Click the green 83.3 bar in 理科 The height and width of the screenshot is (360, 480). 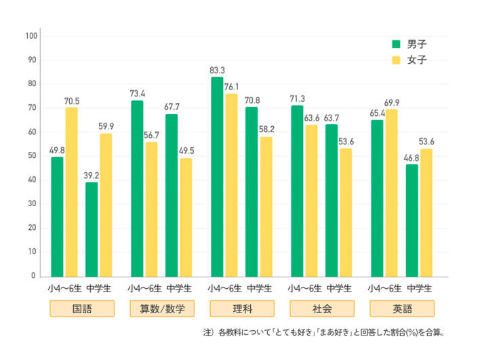217,176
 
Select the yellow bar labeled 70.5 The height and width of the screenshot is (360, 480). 71,192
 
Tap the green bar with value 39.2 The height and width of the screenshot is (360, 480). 92,229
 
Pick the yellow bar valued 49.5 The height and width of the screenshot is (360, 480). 185,217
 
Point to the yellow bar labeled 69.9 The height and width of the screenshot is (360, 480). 392,193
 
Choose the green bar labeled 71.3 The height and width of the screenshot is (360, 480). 297,191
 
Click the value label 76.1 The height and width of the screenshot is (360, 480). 232,86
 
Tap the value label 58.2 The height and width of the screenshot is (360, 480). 266,129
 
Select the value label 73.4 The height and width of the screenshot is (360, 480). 138,93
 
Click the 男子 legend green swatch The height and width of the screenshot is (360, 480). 397,44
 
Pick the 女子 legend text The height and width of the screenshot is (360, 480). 417,61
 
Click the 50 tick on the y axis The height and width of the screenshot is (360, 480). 31,156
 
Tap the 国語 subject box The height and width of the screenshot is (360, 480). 82,309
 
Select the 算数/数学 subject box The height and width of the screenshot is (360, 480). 162,309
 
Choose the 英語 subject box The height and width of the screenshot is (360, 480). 401,309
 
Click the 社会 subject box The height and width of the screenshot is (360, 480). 322,309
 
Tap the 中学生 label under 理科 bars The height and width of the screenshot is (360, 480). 259,288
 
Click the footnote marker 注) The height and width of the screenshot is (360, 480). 208,334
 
